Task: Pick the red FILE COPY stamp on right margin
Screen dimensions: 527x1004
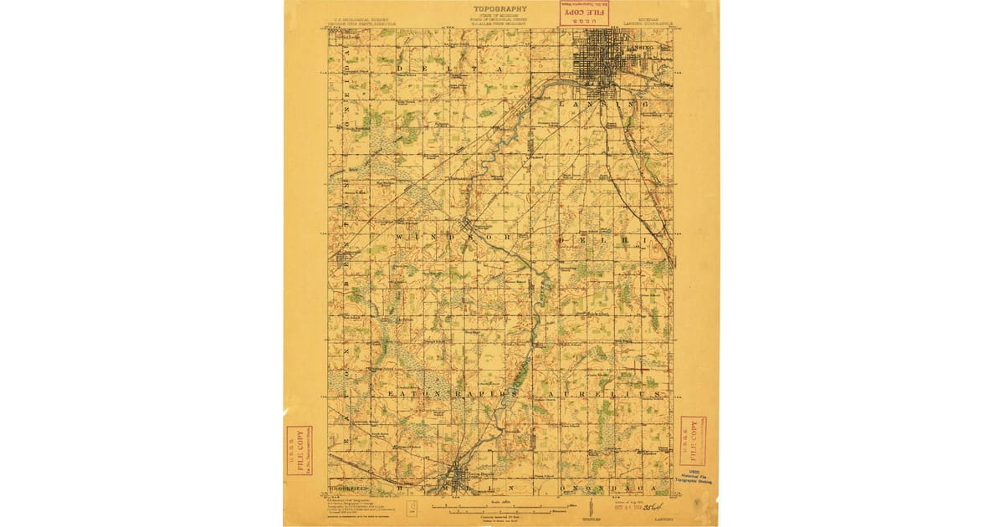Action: (692, 441)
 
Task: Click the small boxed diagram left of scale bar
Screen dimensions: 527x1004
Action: (412, 507)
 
